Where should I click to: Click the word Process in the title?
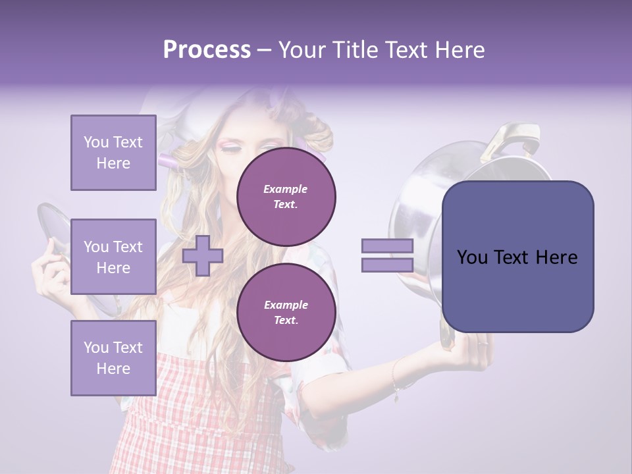pos(207,50)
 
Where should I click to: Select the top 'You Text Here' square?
pos(113,153)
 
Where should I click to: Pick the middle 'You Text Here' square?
pos(113,257)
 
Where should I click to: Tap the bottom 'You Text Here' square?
pos(113,357)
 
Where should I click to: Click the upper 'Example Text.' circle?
pos(286,196)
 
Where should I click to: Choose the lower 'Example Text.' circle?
pos(286,312)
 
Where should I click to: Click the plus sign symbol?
pos(202,256)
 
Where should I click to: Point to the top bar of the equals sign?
pos(387,246)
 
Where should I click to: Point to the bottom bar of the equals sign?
pos(387,265)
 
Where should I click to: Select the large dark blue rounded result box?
pos(517,257)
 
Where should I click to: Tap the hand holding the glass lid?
pos(49,270)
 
